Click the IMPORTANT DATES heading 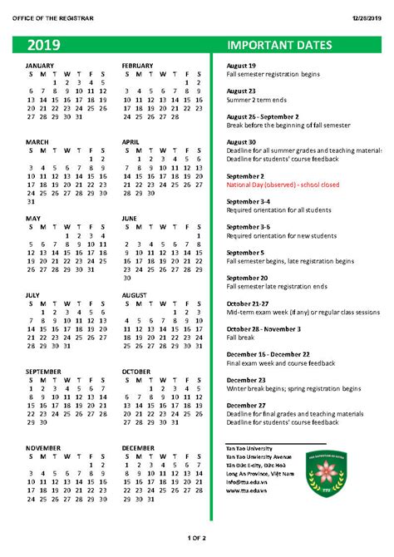[x=279, y=45]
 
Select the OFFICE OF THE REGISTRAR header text [x=54, y=17]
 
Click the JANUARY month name [x=40, y=65]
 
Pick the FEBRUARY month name [x=137, y=65]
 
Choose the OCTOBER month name [x=136, y=371]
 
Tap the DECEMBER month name [x=138, y=447]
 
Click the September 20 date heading [x=247, y=278]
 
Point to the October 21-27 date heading [x=249, y=303]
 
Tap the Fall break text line [x=240, y=338]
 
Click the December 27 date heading [x=246, y=405]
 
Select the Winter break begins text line [x=293, y=388]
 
